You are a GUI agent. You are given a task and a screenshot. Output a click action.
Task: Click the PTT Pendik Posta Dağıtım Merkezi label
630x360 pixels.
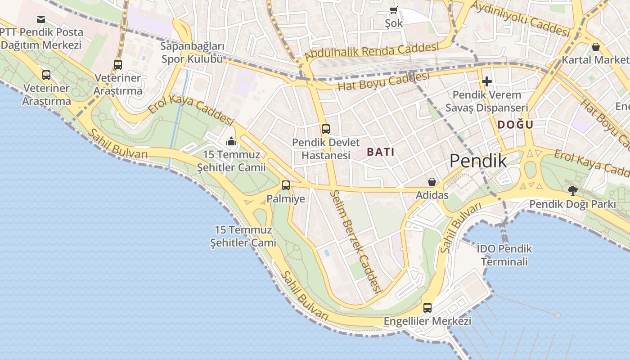point(41,39)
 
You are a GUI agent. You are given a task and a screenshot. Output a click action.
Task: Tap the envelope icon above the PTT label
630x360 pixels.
point(41,19)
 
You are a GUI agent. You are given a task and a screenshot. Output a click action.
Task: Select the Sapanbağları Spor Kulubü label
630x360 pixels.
point(193,53)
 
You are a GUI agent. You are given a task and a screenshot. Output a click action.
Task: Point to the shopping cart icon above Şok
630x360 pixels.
point(393,10)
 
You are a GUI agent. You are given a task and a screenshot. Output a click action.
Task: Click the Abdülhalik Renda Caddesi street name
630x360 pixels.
point(372,52)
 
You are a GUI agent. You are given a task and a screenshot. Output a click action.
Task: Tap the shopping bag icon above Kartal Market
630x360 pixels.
point(596,47)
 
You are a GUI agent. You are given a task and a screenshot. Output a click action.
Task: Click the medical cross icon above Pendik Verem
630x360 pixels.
point(486,81)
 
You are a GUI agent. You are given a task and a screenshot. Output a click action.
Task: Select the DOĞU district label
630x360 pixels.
point(515,125)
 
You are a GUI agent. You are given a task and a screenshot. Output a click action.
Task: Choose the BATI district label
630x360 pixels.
point(380,152)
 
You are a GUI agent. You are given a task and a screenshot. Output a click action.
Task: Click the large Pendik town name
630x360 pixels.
point(478,161)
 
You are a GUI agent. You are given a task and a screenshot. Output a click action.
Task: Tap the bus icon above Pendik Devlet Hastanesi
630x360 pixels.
point(325,129)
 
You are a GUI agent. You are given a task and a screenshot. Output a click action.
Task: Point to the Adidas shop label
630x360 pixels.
point(432,195)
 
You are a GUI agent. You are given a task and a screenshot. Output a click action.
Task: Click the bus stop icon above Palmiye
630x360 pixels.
point(286,185)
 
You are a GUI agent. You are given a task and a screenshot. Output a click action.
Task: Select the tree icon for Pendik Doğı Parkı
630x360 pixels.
point(572,191)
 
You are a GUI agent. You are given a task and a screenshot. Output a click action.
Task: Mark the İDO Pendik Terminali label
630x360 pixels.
point(504,255)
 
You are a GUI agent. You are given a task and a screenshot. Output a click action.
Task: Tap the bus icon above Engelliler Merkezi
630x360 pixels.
point(427,308)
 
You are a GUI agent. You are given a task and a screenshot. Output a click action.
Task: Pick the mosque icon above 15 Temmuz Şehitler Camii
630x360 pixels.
point(231,141)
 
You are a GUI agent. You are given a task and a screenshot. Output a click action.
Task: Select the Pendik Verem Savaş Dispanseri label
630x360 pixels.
point(486,101)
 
